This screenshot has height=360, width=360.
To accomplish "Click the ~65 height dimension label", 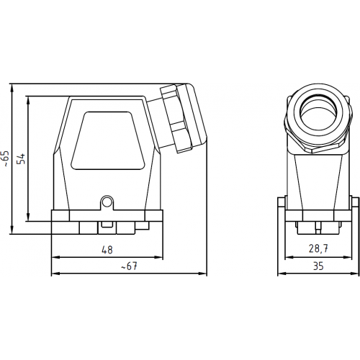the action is tap(6, 159).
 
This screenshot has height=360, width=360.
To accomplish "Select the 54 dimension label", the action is tap(21, 158).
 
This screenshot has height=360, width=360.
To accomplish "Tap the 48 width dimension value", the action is tap(107, 250).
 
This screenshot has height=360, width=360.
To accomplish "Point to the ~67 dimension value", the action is tap(129, 266).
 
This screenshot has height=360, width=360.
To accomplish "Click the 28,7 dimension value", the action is tap(318, 248).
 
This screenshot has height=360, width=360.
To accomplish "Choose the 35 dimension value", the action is tap(318, 266).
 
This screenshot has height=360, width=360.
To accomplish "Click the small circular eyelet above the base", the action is tap(107, 202).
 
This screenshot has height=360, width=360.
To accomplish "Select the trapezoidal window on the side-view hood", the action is tap(108, 140).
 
